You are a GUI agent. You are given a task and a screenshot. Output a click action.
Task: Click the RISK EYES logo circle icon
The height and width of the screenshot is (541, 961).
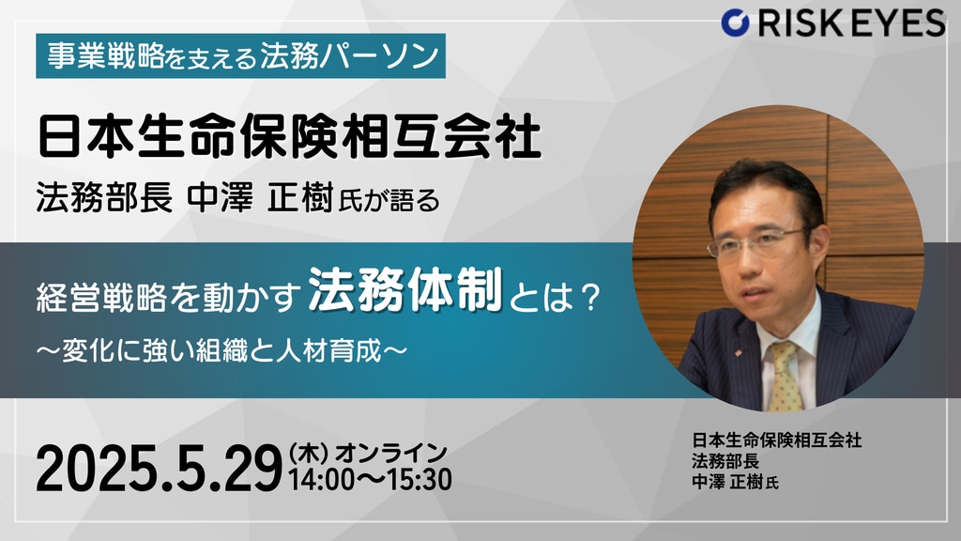pos(736,23)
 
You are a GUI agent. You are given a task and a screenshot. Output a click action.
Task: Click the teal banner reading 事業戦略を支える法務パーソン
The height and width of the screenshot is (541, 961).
pos(241,55)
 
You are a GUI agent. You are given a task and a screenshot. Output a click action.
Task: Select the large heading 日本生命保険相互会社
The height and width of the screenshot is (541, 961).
pos(289,137)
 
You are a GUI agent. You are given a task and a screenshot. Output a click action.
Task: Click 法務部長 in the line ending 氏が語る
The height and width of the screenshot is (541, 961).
pos(104,199)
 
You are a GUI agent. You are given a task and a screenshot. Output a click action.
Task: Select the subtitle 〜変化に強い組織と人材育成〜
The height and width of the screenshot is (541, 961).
pos(221,351)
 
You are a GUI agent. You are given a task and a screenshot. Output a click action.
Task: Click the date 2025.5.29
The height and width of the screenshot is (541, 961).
pos(159,470)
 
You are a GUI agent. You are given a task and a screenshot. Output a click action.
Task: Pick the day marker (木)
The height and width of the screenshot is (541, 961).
pos(310,455)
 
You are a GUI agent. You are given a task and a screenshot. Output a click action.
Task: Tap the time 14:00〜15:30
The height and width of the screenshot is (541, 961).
pos(370,480)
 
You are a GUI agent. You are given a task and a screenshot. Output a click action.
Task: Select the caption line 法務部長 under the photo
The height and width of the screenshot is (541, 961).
pos(725,460)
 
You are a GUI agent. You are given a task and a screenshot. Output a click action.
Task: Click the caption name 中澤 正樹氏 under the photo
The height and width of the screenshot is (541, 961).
pos(736,482)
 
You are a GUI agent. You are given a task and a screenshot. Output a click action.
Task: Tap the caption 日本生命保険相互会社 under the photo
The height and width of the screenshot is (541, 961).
pos(776,440)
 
